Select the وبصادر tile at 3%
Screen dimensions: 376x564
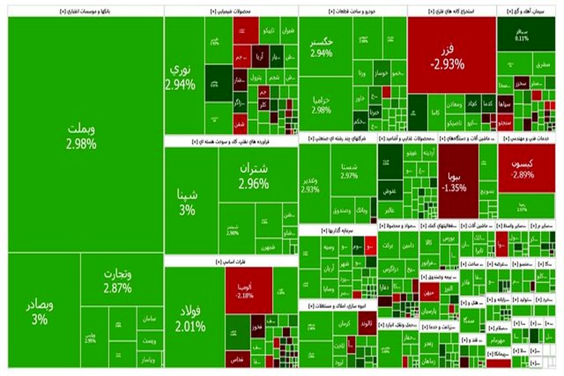[40, 313]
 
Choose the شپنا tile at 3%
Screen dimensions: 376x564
[187, 202]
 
